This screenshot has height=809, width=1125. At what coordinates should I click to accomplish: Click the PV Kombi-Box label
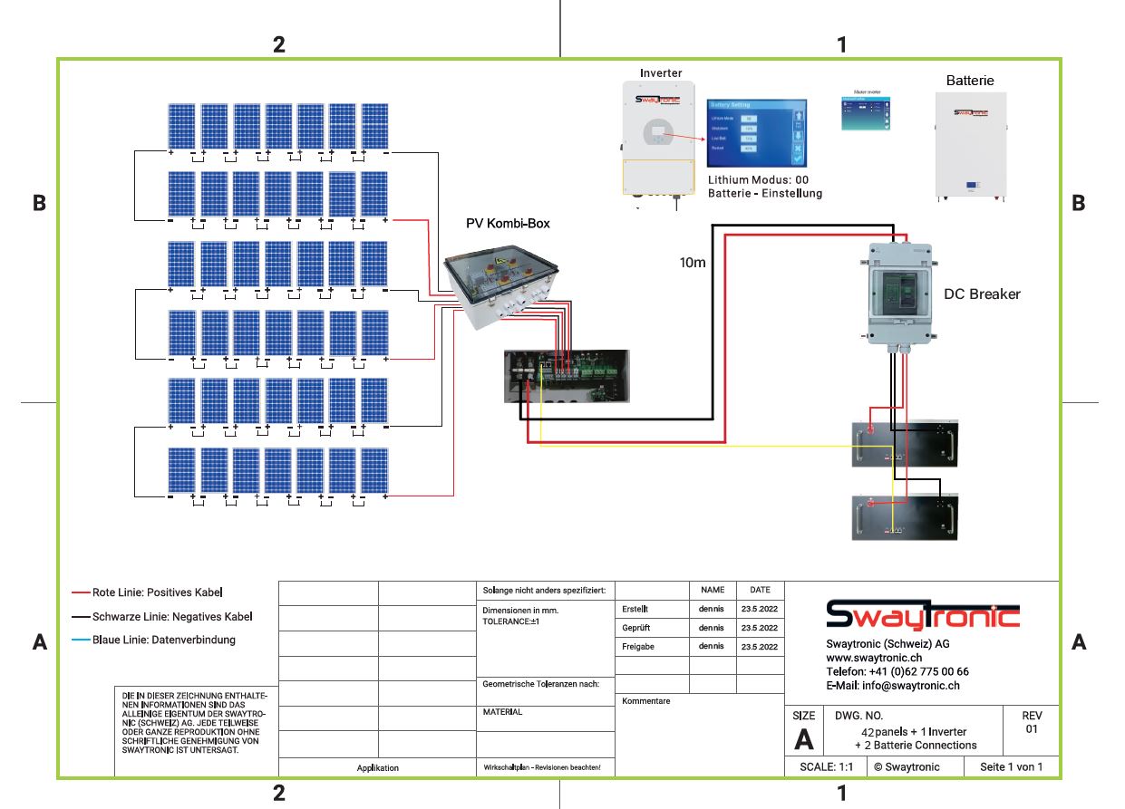click(508, 223)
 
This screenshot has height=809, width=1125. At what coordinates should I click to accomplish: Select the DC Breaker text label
click(982, 294)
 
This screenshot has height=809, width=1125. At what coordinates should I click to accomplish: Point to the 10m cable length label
click(693, 263)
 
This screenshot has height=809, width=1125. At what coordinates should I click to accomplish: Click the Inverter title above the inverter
click(661, 72)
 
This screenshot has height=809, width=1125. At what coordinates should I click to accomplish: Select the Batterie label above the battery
click(970, 81)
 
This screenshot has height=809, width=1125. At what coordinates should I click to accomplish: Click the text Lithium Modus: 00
click(758, 180)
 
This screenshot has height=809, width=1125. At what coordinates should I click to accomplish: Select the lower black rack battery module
click(904, 517)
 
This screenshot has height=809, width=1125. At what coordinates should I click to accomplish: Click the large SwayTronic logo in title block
click(922, 615)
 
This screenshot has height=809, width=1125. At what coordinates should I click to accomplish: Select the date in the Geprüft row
click(759, 628)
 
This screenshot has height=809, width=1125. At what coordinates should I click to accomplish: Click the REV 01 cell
click(1031, 722)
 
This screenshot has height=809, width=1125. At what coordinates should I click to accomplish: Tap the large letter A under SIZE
click(803, 740)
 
